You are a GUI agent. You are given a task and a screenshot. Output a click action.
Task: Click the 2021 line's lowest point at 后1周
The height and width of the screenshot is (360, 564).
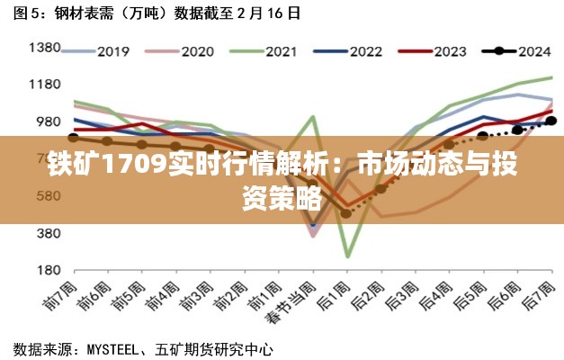[x=347, y=256]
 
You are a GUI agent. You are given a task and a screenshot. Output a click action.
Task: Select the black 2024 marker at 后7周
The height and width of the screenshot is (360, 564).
[x=551, y=121]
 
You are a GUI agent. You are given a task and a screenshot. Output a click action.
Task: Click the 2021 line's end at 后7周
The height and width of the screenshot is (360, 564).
[x=551, y=77]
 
